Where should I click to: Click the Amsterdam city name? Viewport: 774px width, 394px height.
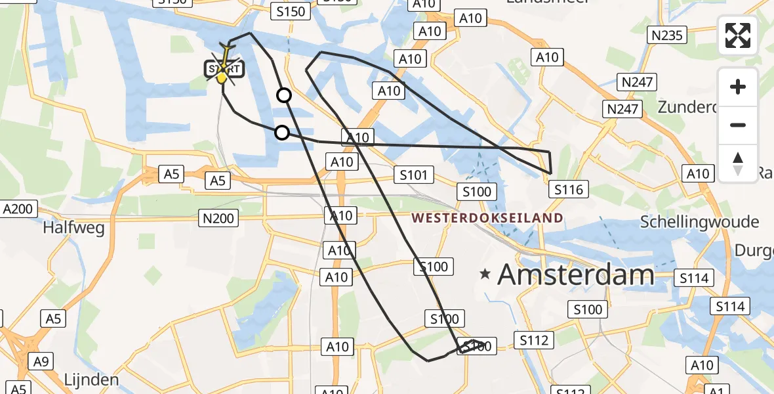pos(576,274)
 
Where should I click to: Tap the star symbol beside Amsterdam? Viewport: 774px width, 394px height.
pos(485,274)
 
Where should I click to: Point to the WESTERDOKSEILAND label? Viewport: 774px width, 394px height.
pos(487,218)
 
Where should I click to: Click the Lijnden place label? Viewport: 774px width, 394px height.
pos(91,380)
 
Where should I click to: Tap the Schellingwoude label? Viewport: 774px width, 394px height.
pos(700,221)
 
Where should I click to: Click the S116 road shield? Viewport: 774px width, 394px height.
pos(568,190)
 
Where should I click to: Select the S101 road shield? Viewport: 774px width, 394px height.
pos(413,175)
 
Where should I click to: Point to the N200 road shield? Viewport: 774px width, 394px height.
pos(219,218)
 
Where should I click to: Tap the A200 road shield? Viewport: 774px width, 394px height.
pos(18,209)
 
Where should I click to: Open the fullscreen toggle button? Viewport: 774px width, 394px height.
pos(738,35)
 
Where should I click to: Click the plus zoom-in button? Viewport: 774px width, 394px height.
pos(738,87)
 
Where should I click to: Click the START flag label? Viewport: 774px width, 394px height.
pos(224,69)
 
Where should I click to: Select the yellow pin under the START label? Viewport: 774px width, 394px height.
pos(222,79)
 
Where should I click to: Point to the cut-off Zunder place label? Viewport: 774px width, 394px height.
pos(685,106)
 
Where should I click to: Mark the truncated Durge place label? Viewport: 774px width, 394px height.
pos(754,250)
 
